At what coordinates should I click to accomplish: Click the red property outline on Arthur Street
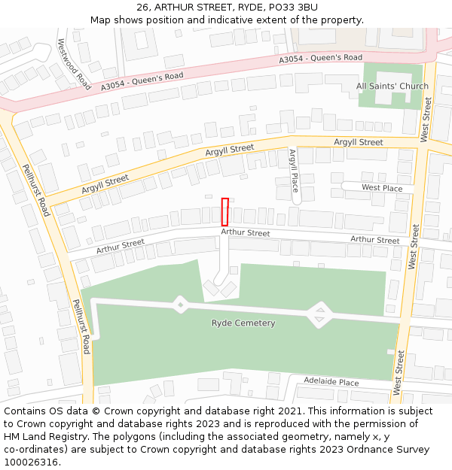click(224, 211)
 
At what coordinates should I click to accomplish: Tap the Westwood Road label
click(73, 65)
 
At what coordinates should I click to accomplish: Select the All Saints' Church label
click(392, 86)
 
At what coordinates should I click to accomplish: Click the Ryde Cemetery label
click(243, 323)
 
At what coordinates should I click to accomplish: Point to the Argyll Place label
click(294, 171)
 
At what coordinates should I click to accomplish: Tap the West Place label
click(382, 188)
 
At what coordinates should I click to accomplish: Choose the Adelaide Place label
click(331, 382)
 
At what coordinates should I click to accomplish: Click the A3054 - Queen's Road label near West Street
click(320, 58)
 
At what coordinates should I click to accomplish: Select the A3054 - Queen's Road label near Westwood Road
click(142, 81)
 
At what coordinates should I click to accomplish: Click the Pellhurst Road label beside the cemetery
click(81, 326)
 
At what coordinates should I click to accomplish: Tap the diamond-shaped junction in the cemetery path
click(320, 315)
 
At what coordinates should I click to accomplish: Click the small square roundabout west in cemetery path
click(180, 305)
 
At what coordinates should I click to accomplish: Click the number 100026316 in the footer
click(31, 462)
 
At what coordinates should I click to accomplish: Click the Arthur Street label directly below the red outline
click(246, 233)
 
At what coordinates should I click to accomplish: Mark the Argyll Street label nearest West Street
click(359, 142)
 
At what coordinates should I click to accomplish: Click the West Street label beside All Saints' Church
click(427, 120)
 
